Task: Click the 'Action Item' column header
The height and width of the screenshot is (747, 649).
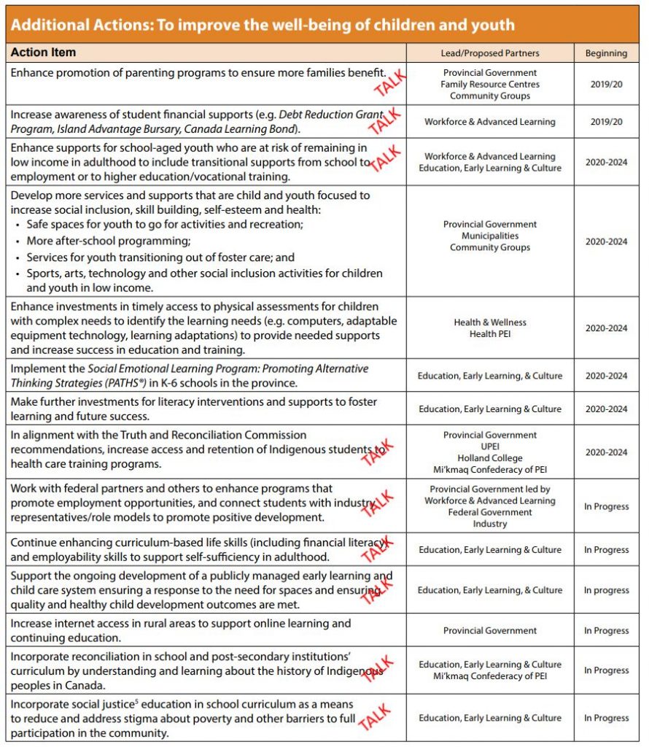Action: (x=43, y=53)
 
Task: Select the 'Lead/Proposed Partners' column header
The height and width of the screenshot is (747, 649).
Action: (x=489, y=53)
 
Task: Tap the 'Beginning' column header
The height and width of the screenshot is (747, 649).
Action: (x=605, y=53)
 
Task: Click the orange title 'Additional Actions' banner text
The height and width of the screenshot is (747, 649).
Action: (x=263, y=25)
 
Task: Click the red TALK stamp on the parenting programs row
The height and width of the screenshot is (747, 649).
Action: (x=389, y=82)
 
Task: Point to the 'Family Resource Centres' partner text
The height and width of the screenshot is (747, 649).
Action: (x=489, y=85)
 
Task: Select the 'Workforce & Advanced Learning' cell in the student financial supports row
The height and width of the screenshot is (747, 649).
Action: (x=489, y=122)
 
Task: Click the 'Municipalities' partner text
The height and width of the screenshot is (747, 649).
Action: (x=489, y=236)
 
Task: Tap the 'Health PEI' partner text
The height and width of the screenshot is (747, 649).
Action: (x=489, y=334)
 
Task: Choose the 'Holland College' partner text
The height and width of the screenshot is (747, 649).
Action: (x=489, y=458)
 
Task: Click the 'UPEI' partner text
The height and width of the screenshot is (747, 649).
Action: (x=489, y=446)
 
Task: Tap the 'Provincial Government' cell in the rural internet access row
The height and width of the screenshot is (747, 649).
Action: (x=489, y=631)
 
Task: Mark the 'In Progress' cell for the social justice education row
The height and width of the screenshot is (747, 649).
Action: (x=605, y=718)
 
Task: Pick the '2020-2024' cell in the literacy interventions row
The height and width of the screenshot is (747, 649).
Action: (x=605, y=409)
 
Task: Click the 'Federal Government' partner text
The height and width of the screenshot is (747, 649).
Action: (x=489, y=512)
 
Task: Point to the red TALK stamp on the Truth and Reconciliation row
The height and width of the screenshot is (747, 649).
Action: (x=378, y=453)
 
